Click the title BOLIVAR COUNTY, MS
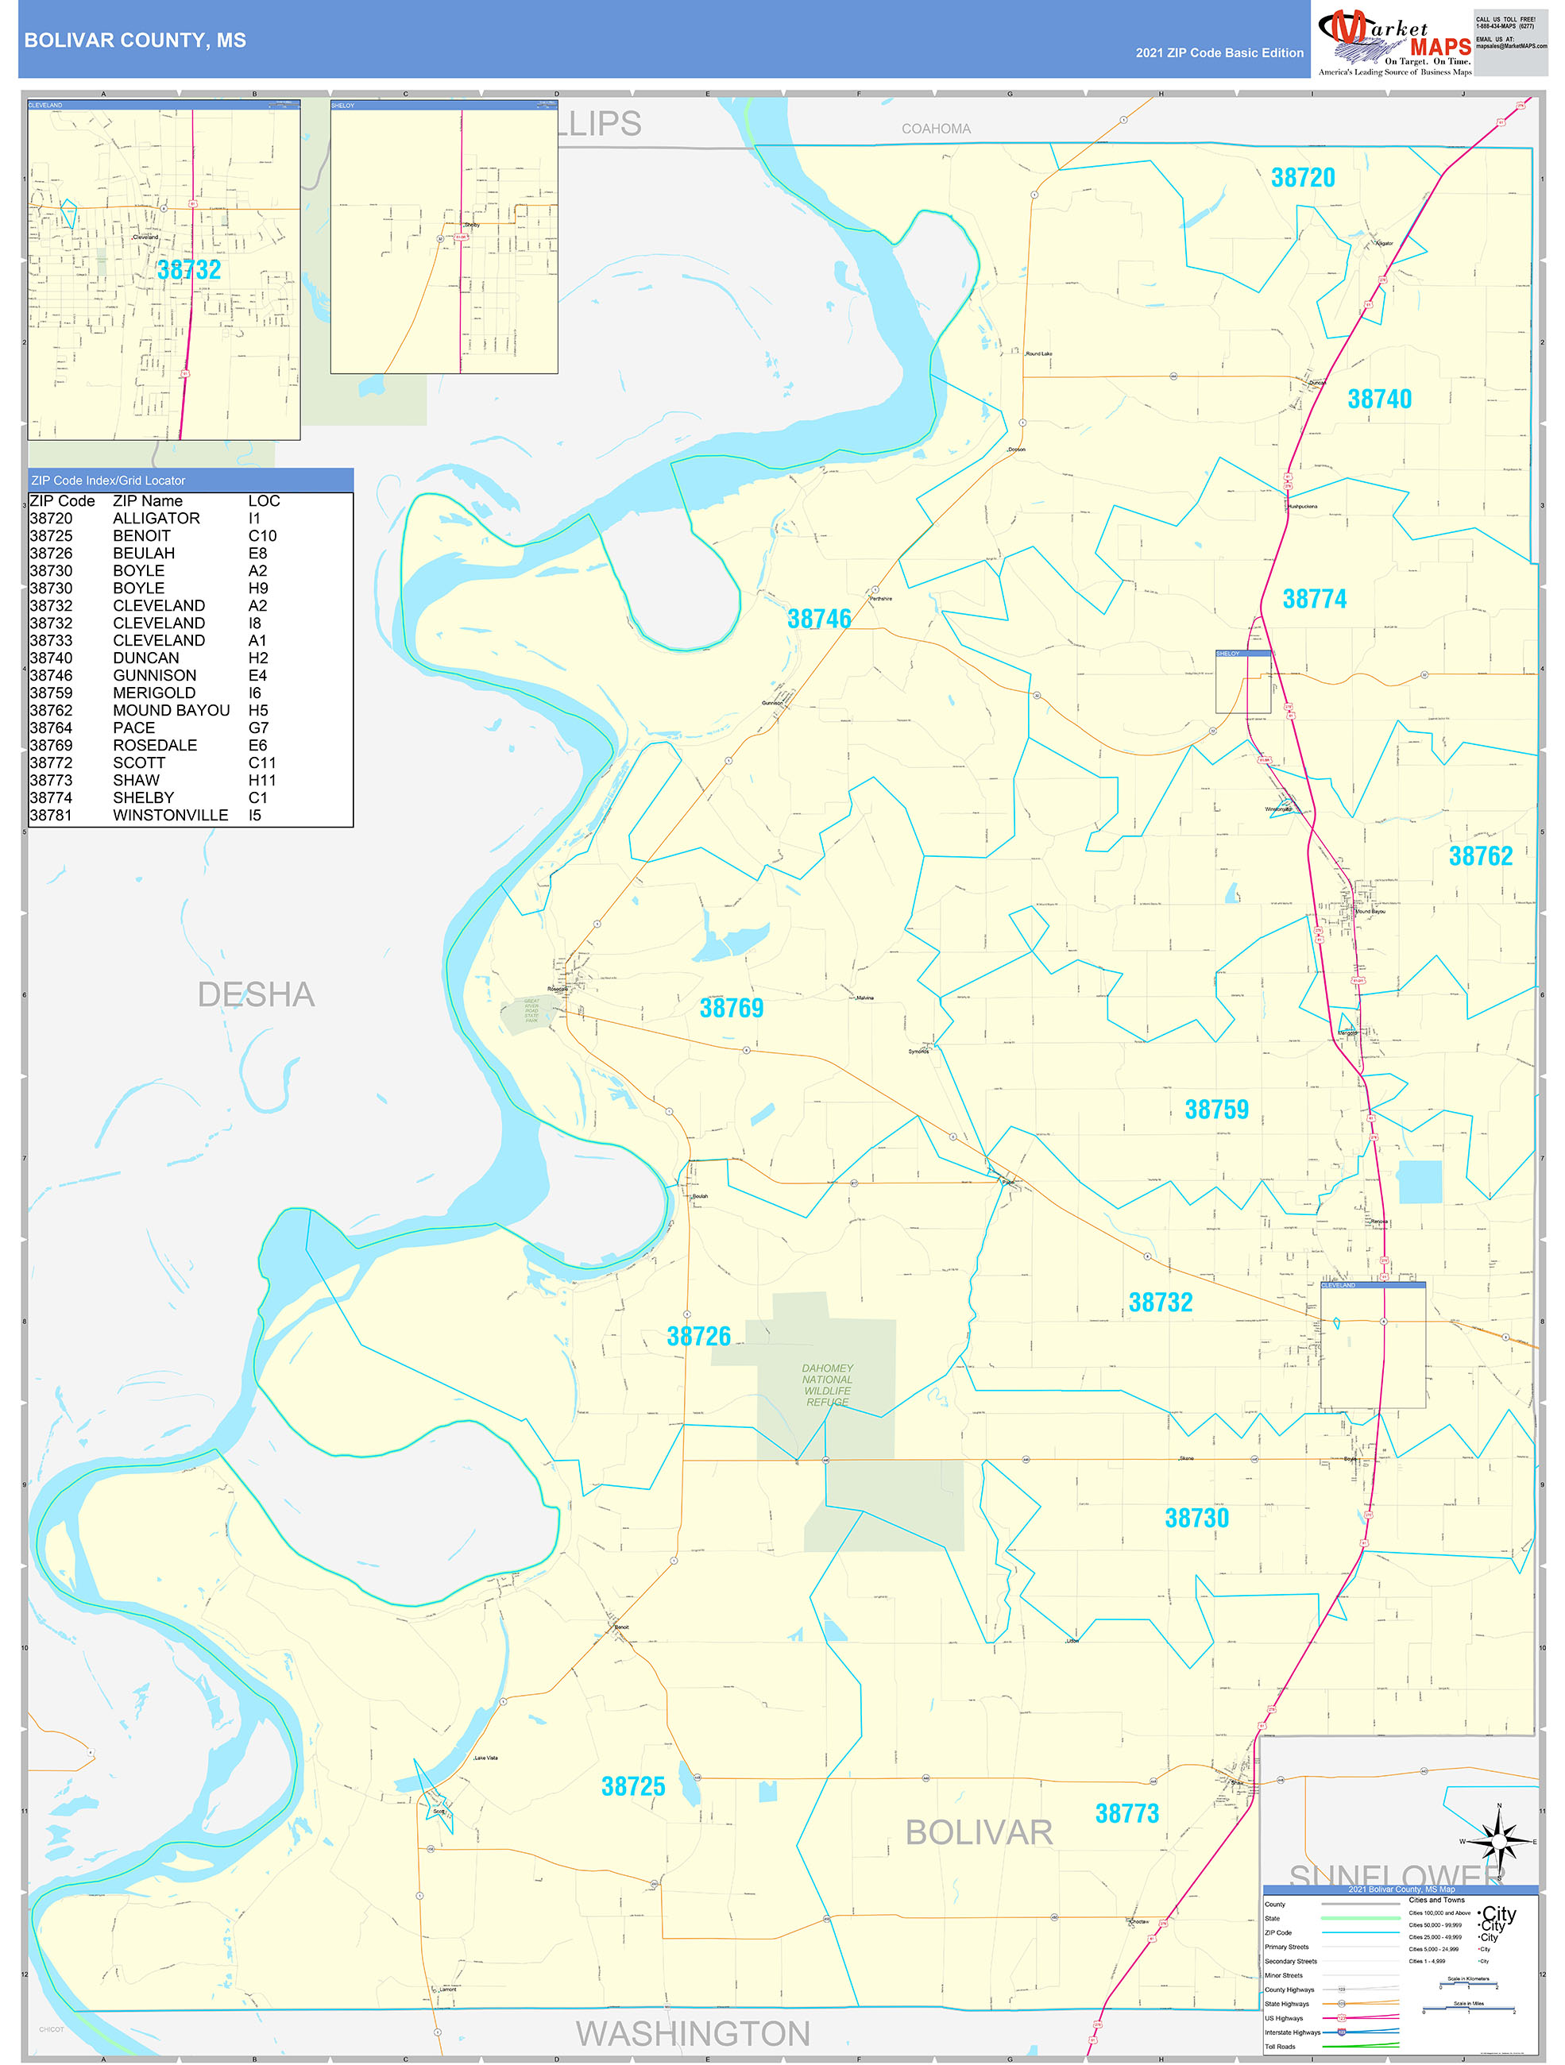pos(135,41)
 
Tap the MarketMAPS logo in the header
pos(1393,42)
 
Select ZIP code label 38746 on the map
pos(819,619)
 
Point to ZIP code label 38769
pos(731,1008)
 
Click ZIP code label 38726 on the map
pos(698,1336)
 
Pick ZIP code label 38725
pos(633,1786)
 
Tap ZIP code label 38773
pos(1126,1813)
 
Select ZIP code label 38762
pos(1480,856)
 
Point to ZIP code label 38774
pos(1314,598)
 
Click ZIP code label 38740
pos(1379,399)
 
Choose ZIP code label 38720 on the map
pos(1303,177)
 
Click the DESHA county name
pos(256,994)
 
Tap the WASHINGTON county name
pos(692,2033)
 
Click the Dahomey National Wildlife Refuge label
pos(827,1384)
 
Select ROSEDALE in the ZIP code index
pos(155,745)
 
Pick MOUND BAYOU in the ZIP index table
pos(171,710)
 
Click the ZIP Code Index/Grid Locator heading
pos(108,481)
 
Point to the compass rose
pos(1499,1842)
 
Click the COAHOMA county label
pos(936,129)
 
